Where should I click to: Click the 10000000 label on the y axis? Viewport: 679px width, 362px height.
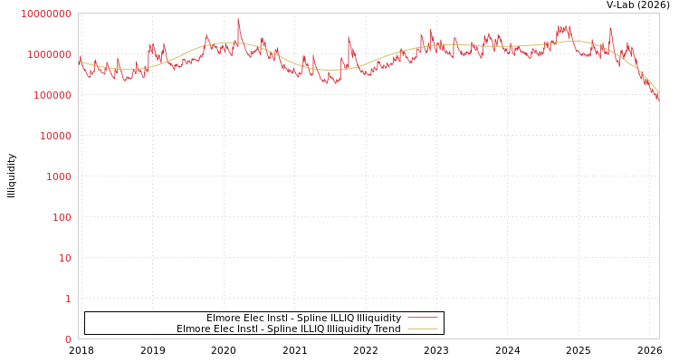click(46, 14)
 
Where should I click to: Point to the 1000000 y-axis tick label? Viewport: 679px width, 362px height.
click(49, 54)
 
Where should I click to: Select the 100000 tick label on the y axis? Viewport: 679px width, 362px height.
click(52, 95)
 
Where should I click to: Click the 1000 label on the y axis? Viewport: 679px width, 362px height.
click(58, 176)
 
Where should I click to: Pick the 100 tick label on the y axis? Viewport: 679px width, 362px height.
click(61, 217)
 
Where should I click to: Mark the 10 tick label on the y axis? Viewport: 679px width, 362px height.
click(65, 258)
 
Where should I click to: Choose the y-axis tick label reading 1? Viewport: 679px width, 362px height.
click(68, 299)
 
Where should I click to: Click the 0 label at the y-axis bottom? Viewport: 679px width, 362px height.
click(68, 339)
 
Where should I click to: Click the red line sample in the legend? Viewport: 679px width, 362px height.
click(422, 318)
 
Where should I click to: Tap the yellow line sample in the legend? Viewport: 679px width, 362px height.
click(422, 329)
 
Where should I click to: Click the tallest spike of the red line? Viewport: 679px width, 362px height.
click(238, 19)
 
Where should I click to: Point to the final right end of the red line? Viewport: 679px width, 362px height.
click(658, 98)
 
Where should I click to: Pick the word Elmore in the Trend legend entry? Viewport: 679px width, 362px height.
click(193, 329)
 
